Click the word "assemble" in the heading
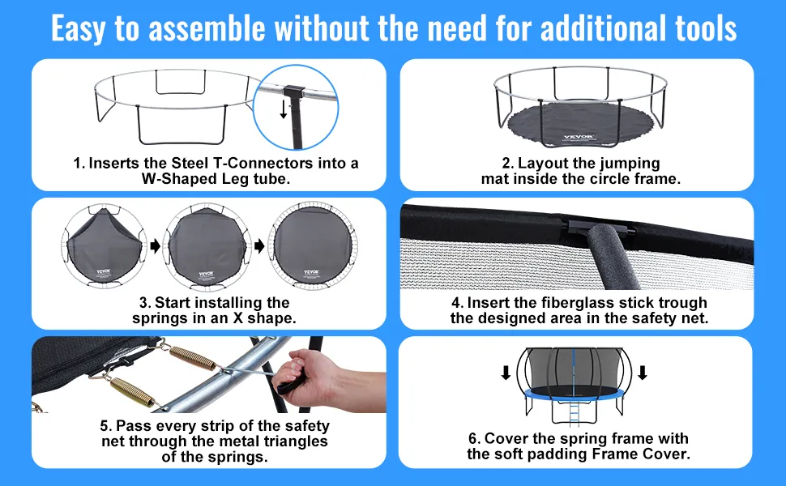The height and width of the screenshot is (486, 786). [207, 28]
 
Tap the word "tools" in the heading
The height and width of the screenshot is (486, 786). [706, 28]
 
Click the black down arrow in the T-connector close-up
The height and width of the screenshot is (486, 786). [284, 109]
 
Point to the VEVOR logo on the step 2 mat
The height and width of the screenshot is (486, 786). [579, 137]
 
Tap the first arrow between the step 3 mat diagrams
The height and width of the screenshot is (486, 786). [156, 245]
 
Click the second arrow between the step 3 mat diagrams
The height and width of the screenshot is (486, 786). [259, 245]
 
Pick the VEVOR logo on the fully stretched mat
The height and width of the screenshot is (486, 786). [311, 272]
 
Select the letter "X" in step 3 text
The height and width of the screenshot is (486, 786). [238, 318]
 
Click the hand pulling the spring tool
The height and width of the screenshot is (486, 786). [321, 375]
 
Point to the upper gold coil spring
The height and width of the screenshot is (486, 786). [193, 358]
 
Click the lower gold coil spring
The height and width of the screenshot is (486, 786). [131, 391]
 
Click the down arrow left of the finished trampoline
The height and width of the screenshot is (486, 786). [506, 373]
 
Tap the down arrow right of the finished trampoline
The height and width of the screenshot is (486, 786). [642, 373]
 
